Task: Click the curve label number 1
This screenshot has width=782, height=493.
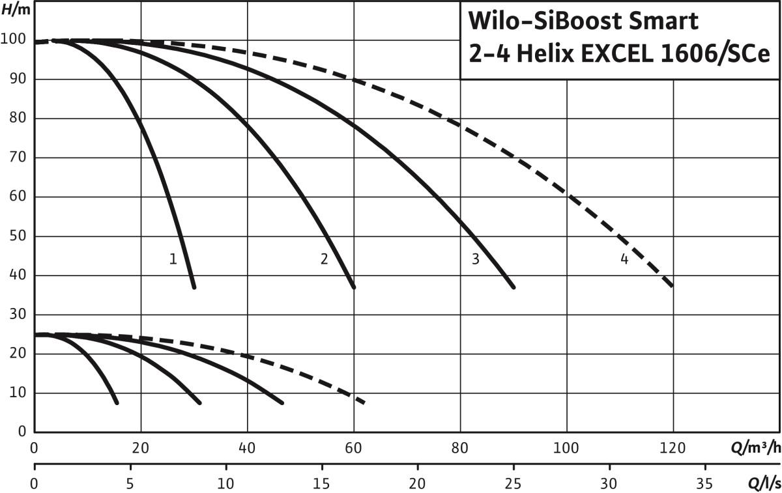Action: pyautogui.click(x=173, y=259)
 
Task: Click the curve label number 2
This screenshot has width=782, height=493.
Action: pyautogui.click(x=324, y=259)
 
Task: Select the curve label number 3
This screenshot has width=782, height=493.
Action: pyautogui.click(x=475, y=259)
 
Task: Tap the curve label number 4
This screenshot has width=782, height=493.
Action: pyautogui.click(x=624, y=259)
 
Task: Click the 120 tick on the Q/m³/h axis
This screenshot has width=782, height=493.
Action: pyautogui.click(x=673, y=448)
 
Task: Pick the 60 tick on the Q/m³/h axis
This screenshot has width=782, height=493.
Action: pyautogui.click(x=354, y=448)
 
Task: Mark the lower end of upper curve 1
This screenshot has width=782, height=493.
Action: pyautogui.click(x=194, y=287)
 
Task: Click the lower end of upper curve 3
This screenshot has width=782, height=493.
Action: pyautogui.click(x=514, y=287)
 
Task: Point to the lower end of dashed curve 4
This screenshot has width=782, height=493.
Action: pyautogui.click(x=672, y=286)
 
